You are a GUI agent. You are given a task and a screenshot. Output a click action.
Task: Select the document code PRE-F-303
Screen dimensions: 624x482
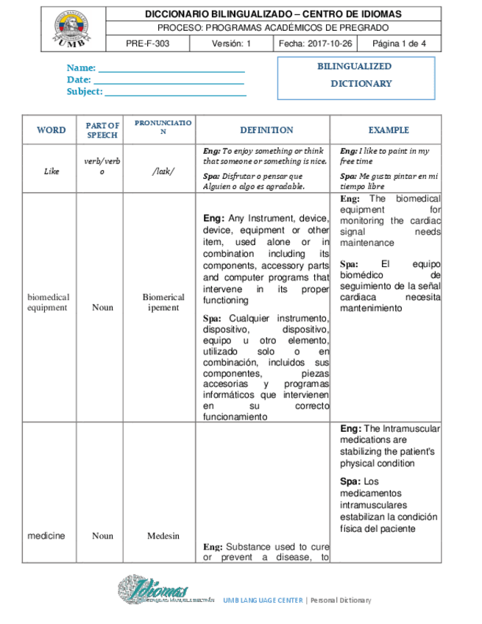[147, 43]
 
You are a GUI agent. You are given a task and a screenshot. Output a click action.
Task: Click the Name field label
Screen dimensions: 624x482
[81, 68]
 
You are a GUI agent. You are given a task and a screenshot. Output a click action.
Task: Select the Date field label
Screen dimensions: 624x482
[79, 79]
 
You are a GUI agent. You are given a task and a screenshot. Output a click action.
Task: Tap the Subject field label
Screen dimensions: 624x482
[85, 92]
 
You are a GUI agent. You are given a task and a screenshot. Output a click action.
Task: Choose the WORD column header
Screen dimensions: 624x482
[51, 130]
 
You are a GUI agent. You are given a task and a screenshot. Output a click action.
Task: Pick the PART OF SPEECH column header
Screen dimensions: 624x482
[102, 130]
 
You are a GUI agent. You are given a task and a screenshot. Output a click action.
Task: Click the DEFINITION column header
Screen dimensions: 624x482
[266, 130]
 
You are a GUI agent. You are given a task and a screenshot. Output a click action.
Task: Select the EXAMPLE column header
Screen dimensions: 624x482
[389, 130]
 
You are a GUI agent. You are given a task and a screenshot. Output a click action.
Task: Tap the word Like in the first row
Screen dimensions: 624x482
[52, 171]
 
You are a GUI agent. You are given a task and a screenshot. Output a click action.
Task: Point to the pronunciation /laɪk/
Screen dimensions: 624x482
[163, 171]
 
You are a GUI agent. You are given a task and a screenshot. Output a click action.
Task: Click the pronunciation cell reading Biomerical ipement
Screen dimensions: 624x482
[163, 302]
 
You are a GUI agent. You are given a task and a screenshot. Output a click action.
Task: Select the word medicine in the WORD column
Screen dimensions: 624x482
[46, 536]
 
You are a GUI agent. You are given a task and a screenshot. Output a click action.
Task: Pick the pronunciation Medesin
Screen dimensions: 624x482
[163, 536]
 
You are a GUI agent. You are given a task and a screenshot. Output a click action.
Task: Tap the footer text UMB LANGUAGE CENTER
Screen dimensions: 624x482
[262, 600]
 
